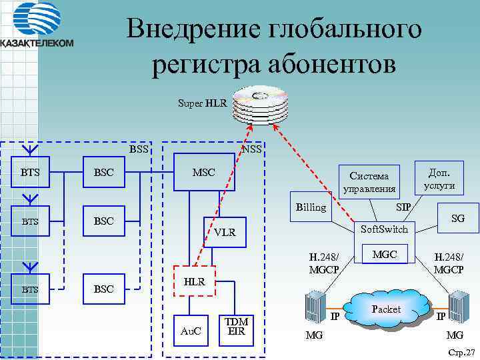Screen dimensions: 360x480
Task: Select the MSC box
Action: point(203,173)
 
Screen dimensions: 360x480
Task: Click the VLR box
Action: point(225,232)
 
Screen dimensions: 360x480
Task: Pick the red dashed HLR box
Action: point(194,283)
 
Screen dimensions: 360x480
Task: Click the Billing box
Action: point(311,207)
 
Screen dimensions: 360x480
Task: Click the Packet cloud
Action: point(387,309)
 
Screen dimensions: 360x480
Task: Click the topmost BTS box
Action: point(30,173)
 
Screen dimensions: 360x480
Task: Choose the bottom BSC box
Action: point(103,289)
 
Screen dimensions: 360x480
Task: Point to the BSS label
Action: point(139,149)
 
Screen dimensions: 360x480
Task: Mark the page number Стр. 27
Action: point(461,351)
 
